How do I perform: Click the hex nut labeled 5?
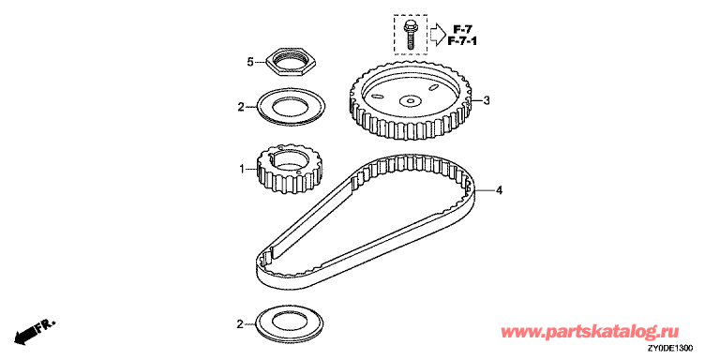(x=292, y=67)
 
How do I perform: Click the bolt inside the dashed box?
(x=409, y=33)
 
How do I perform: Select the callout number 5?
(x=249, y=62)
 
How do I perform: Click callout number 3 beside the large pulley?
(x=487, y=100)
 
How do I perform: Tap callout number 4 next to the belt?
(x=499, y=189)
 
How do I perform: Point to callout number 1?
(x=242, y=170)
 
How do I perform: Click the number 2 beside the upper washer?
(x=241, y=107)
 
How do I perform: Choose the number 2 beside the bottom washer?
(x=240, y=324)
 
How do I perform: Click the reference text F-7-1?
(x=462, y=42)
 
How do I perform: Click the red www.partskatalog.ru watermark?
(x=590, y=331)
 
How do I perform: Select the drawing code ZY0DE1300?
(x=671, y=348)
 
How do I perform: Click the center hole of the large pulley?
(x=411, y=99)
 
